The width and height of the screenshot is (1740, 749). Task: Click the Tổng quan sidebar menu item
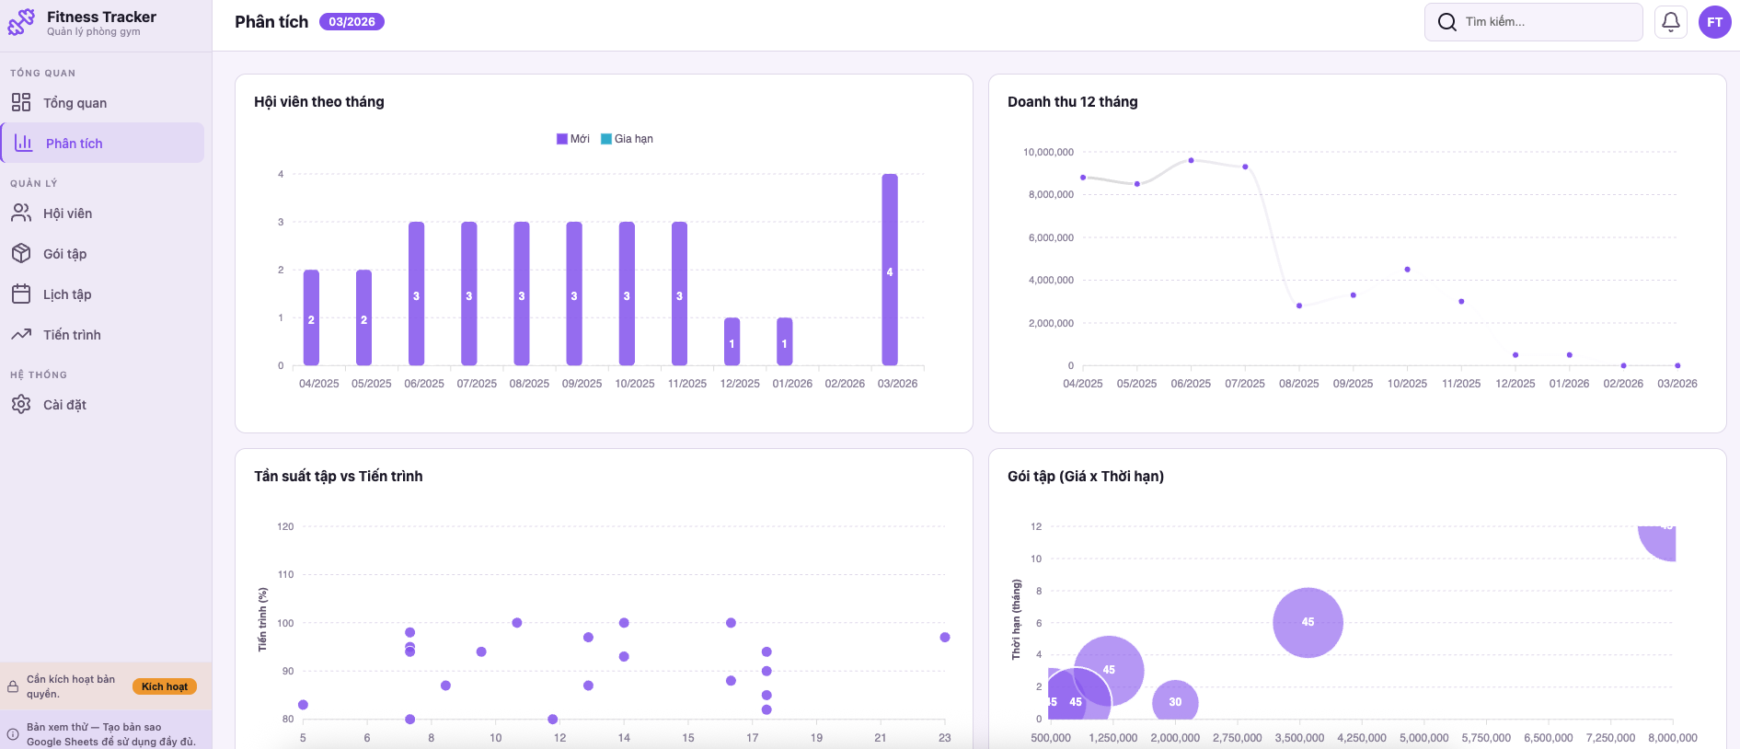click(74, 103)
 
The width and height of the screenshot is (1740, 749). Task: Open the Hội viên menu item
click(66, 213)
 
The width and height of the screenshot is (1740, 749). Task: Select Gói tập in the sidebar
click(64, 254)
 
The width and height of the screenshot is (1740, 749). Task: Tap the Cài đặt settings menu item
click(64, 405)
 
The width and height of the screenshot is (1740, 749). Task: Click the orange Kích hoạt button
click(164, 686)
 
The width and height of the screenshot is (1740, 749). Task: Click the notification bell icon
click(1670, 22)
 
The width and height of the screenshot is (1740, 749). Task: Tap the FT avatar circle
click(1714, 22)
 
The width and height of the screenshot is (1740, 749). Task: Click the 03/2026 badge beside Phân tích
click(351, 22)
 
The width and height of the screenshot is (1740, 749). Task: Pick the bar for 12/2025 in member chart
click(732, 341)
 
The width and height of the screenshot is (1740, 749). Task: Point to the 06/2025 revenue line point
click(1191, 160)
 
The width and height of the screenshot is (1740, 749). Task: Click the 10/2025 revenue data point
click(1407, 270)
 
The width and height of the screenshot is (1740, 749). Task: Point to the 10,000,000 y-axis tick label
click(1048, 152)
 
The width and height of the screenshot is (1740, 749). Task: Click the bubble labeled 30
click(1175, 702)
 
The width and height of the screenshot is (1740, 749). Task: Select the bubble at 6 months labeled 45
click(1308, 622)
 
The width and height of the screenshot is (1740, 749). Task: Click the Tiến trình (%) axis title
click(262, 619)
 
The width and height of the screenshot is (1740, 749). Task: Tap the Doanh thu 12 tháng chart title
click(1072, 102)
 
